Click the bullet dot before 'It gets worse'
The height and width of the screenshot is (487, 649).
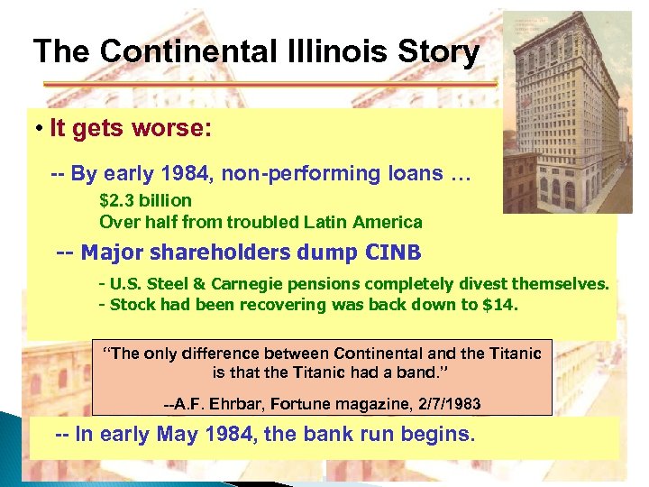[x=41, y=129]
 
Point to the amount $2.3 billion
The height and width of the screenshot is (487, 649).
[x=145, y=200]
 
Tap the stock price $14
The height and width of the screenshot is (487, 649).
[x=500, y=305]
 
